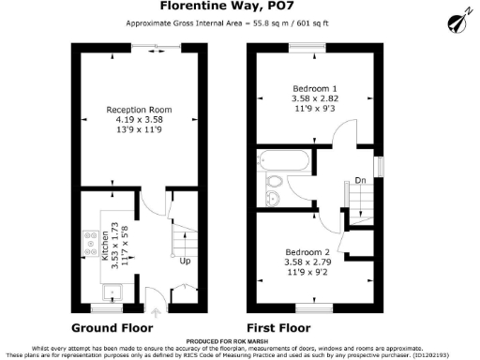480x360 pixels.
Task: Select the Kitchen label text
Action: point(104,245)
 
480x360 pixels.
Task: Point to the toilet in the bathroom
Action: point(275,179)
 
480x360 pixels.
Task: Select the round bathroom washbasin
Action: point(274,197)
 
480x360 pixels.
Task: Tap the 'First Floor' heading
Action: point(277,328)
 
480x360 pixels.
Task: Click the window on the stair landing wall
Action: point(379,165)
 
